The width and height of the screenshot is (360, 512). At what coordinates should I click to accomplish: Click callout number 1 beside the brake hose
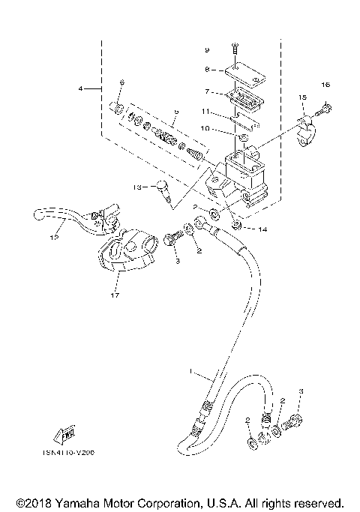coord(191,373)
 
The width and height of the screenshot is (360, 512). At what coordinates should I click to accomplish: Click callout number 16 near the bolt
coord(325,84)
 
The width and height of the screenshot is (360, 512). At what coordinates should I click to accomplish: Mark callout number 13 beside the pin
coord(137,186)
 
